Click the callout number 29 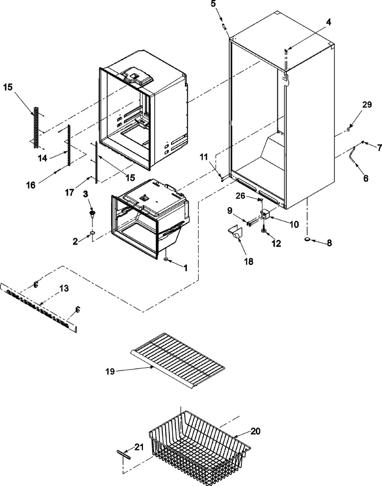point(367,105)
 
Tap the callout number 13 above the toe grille point(64,288)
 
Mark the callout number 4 point(328,22)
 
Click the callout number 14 point(42,158)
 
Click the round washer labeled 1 point(166,259)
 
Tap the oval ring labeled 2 point(92,234)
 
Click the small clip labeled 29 point(349,129)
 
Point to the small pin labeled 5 point(224,26)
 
